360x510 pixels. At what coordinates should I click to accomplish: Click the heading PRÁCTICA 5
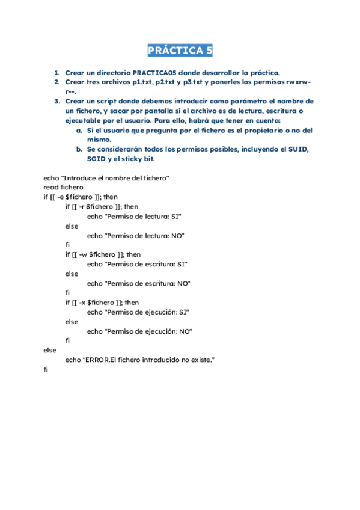pyautogui.click(x=180, y=51)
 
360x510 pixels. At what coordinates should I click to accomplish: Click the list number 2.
pyautogui.click(x=56, y=82)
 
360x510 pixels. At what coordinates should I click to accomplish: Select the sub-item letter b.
pyautogui.click(x=79, y=149)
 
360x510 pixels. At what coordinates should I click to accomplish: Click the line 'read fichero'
pyautogui.click(x=63, y=188)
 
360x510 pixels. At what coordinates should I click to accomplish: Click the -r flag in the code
pyautogui.click(x=82, y=207)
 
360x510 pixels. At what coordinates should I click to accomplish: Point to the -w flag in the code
pyautogui.click(x=83, y=254)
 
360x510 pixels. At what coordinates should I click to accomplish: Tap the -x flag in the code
pyautogui.click(x=82, y=302)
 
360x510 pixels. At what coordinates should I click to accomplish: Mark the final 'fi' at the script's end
pyautogui.click(x=46, y=369)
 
